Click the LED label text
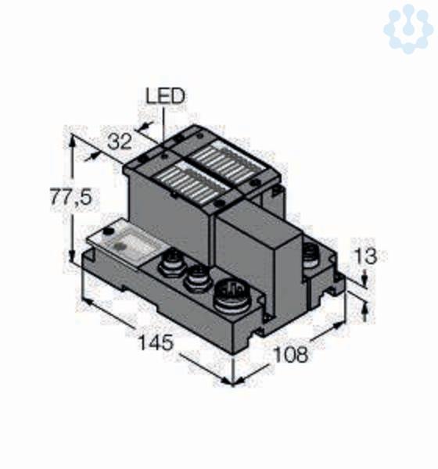coord(165,96)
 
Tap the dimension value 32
coord(120,141)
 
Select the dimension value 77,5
coord(70,197)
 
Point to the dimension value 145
coord(156,342)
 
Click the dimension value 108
coord(291,354)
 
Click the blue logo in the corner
coord(408,29)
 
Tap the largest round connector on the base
coord(232,295)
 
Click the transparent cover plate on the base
coord(127,244)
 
